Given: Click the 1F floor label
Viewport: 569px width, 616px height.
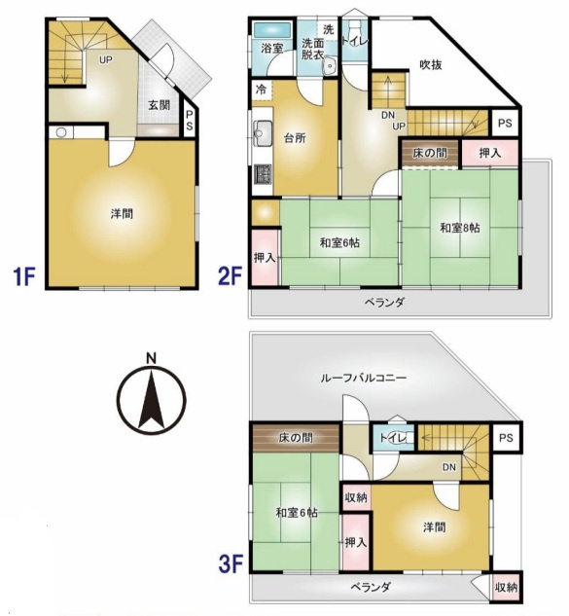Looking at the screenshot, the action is (x=24, y=275).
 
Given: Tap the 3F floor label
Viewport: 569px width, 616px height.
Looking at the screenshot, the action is (x=231, y=563).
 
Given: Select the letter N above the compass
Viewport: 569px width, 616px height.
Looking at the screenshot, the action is (x=151, y=358).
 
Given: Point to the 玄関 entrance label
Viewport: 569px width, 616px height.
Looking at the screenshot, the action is (x=160, y=105).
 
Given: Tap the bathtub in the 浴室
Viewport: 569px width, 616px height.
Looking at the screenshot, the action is (x=272, y=30).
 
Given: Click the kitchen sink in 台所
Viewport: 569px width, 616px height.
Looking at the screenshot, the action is (x=263, y=133).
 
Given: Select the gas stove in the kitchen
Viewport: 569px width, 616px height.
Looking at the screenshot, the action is (x=263, y=173).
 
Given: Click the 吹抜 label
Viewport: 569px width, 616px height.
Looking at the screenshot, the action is (x=431, y=64).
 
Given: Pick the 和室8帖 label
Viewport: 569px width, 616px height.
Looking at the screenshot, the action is (x=460, y=228).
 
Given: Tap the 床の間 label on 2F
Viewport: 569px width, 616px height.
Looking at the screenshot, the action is (x=430, y=153).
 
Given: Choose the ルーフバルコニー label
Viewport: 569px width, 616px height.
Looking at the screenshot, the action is (x=363, y=378).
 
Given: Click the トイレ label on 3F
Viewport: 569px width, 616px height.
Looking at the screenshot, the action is (x=393, y=438).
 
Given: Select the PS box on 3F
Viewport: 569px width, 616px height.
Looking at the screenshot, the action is (x=506, y=438).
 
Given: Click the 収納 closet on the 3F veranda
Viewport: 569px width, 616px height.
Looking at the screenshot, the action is (x=506, y=588).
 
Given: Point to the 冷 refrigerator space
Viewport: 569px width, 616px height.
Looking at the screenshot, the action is (x=262, y=90).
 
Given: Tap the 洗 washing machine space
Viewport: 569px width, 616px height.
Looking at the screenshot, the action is (x=328, y=29).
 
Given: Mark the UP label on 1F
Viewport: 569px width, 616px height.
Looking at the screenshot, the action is (x=106, y=60).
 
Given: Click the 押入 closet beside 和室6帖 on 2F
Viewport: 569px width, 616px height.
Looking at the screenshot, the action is (x=265, y=258).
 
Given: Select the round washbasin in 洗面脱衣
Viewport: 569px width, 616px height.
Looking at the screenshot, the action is (x=329, y=65).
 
